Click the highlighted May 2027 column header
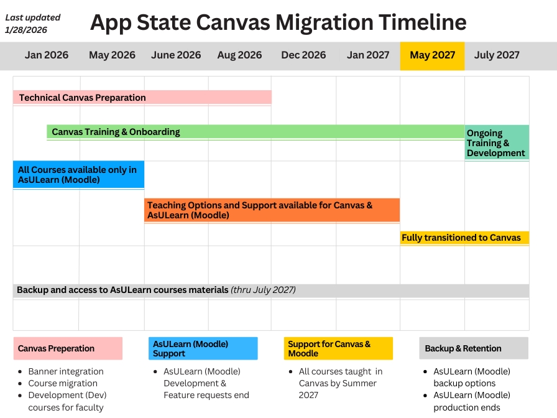point(432,55)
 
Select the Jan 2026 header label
point(47,55)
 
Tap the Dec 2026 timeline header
point(303,55)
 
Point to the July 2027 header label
point(497,55)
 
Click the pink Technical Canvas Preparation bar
point(142,98)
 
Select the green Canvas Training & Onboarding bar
point(255,132)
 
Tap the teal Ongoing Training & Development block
point(497,142)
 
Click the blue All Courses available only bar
point(78,175)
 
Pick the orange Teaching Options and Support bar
point(272,210)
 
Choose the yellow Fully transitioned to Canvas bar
point(464,238)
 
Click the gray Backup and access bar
point(271,290)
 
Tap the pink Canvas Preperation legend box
point(68,348)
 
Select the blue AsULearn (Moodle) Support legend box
point(203,348)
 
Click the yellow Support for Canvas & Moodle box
point(338,348)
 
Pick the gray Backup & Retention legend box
point(474,348)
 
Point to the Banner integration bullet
point(66,371)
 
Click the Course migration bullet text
point(63,383)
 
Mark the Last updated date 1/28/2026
point(26,30)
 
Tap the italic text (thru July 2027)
point(263,290)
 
